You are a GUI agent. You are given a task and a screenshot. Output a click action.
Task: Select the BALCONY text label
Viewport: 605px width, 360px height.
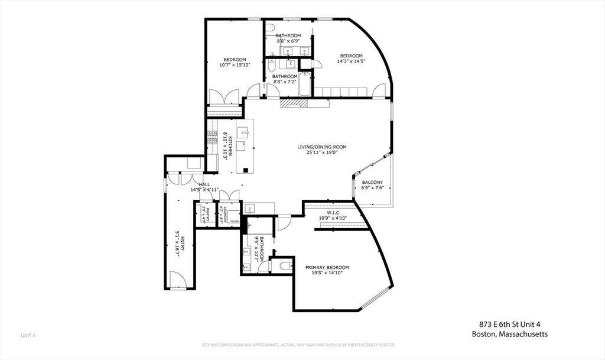click(x=372, y=182)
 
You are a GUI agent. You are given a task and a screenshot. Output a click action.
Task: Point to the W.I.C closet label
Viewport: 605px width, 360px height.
click(x=332, y=212)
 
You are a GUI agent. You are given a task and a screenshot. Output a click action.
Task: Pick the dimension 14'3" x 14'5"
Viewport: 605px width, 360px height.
click(x=351, y=61)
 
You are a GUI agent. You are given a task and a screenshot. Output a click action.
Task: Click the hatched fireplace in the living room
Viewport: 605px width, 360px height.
click(x=295, y=103)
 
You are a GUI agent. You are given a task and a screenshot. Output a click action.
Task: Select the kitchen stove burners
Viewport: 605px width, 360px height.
click(x=211, y=137)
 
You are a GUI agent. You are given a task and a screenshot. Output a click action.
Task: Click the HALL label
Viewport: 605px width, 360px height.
click(x=204, y=184)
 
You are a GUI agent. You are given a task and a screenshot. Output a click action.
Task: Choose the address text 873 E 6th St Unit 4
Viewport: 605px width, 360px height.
click(x=509, y=323)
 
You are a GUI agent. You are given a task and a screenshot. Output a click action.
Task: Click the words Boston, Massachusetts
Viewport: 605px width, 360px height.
click(x=509, y=334)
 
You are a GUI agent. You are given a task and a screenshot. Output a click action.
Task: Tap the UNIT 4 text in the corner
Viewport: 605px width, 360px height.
click(x=28, y=336)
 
